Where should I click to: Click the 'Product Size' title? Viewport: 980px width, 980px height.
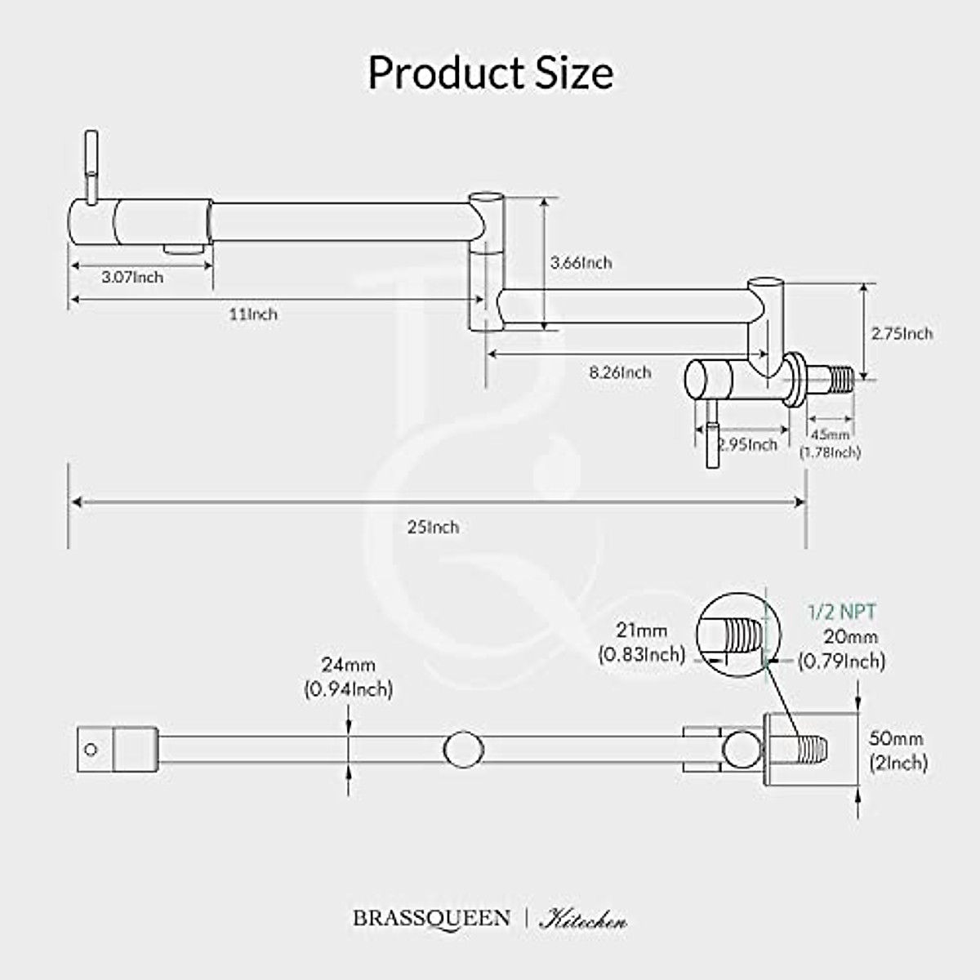(x=490, y=73)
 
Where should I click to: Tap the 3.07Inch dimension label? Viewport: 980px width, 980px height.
(x=132, y=277)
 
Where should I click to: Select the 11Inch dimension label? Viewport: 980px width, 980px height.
(x=252, y=314)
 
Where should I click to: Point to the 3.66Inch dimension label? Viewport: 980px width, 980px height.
(x=581, y=263)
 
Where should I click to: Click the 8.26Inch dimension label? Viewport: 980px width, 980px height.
(x=621, y=372)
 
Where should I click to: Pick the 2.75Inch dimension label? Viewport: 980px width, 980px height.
(x=902, y=333)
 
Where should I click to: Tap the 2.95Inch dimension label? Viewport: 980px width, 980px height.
(x=746, y=445)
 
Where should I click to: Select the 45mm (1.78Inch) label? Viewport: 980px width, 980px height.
(x=831, y=443)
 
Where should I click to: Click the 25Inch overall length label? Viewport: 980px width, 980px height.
(x=433, y=528)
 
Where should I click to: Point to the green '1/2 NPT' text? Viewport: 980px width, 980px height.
(x=842, y=612)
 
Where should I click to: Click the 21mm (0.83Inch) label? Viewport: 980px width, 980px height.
(x=642, y=642)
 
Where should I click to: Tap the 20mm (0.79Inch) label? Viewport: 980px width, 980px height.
(x=841, y=648)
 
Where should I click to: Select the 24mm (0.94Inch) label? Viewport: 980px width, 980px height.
(x=349, y=678)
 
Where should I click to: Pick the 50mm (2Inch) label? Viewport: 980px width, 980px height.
(x=898, y=751)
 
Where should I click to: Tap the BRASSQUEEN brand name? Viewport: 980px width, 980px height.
(x=432, y=918)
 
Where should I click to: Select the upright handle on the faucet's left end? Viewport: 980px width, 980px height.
(x=92, y=163)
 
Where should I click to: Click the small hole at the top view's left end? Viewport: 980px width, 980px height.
(x=91, y=749)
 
